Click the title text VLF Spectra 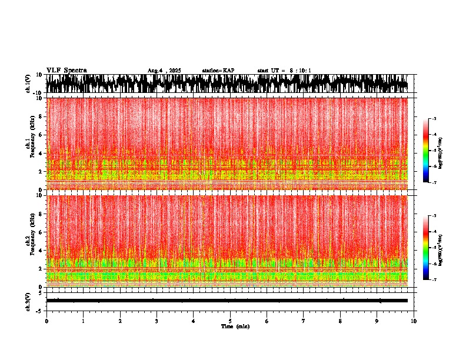point(66,71)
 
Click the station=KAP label point(218,71)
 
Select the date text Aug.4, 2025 point(164,71)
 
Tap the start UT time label point(284,71)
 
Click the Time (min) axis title point(235,326)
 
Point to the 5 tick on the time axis point(230,321)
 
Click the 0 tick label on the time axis point(46,321)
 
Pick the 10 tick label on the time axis point(414,321)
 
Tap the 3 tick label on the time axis point(157,321)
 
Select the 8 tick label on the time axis point(340,321)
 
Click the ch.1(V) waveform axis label point(28,84)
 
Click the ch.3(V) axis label point(28,301)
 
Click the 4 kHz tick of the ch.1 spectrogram point(41,154)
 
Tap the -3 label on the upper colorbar point(435,119)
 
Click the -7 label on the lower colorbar point(435,280)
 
